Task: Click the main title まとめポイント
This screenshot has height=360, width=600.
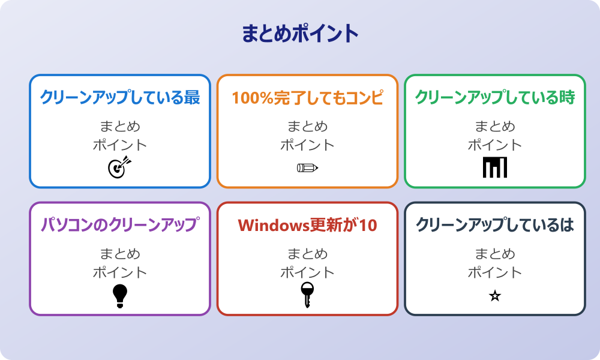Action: [x=300, y=34]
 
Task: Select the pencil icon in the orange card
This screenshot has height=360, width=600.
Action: [x=307, y=167]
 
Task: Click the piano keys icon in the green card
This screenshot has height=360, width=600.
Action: [x=495, y=167]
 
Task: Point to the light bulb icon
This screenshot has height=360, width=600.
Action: [x=120, y=295]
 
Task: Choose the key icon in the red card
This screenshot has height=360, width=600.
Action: [x=307, y=295]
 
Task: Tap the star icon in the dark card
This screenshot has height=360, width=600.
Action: [x=495, y=296]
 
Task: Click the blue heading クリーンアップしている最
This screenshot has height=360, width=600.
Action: [x=120, y=97]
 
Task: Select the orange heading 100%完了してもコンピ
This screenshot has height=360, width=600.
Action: [x=307, y=97]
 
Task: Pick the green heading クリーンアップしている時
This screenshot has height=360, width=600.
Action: [x=495, y=97]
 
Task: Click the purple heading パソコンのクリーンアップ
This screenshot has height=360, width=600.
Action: [x=120, y=225]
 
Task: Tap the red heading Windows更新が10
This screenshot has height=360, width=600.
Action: [x=307, y=225]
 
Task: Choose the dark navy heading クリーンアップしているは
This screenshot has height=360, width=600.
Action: [x=495, y=225]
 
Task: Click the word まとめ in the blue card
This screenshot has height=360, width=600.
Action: [x=120, y=127]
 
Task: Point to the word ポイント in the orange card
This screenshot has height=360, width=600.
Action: [x=307, y=145]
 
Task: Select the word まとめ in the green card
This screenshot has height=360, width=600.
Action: [x=495, y=127]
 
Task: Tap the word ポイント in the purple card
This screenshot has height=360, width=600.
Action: [x=120, y=272]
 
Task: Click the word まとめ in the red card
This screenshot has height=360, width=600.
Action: [x=307, y=254]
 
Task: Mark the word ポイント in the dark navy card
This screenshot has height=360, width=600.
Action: [x=495, y=272]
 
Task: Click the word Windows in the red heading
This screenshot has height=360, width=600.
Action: [x=273, y=225]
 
